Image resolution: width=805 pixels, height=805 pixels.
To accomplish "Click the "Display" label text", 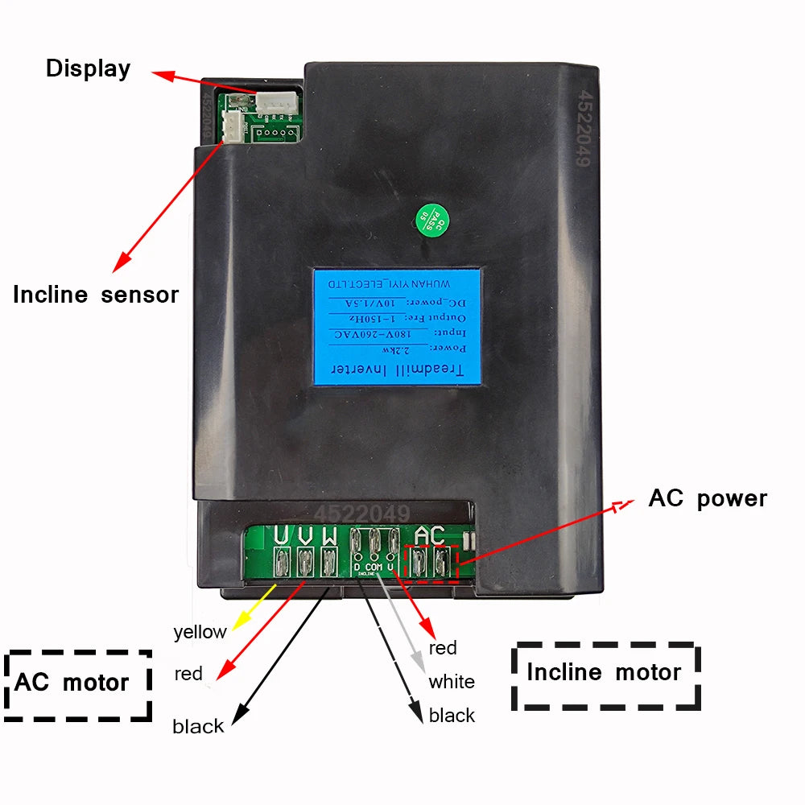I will tap(88, 68).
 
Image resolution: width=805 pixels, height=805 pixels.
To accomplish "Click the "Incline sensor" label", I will tap(95, 295).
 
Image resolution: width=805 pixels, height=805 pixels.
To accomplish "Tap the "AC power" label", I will tap(708, 498).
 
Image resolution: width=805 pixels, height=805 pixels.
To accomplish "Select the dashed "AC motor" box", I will tap(77, 683).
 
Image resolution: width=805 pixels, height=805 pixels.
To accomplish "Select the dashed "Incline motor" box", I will tap(605, 674).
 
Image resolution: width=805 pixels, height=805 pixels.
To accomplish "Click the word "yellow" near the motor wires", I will tap(200, 632).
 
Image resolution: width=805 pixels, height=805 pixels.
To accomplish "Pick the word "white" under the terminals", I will tap(451, 683).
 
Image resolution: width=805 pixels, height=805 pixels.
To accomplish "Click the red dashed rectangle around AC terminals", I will tap(431, 563).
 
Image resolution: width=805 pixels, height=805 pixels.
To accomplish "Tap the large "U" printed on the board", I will tap(282, 535).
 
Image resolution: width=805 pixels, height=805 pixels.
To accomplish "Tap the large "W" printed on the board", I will tap(329, 535).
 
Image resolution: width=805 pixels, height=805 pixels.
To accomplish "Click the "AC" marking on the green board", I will tap(430, 535).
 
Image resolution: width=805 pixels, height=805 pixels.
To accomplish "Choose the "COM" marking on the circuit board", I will tap(374, 568).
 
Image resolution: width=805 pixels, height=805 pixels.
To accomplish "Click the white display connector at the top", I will tap(276, 101).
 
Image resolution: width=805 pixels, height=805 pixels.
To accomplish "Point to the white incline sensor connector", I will tap(232, 126).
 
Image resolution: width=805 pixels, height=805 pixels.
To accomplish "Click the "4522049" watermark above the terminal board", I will tap(361, 514).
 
